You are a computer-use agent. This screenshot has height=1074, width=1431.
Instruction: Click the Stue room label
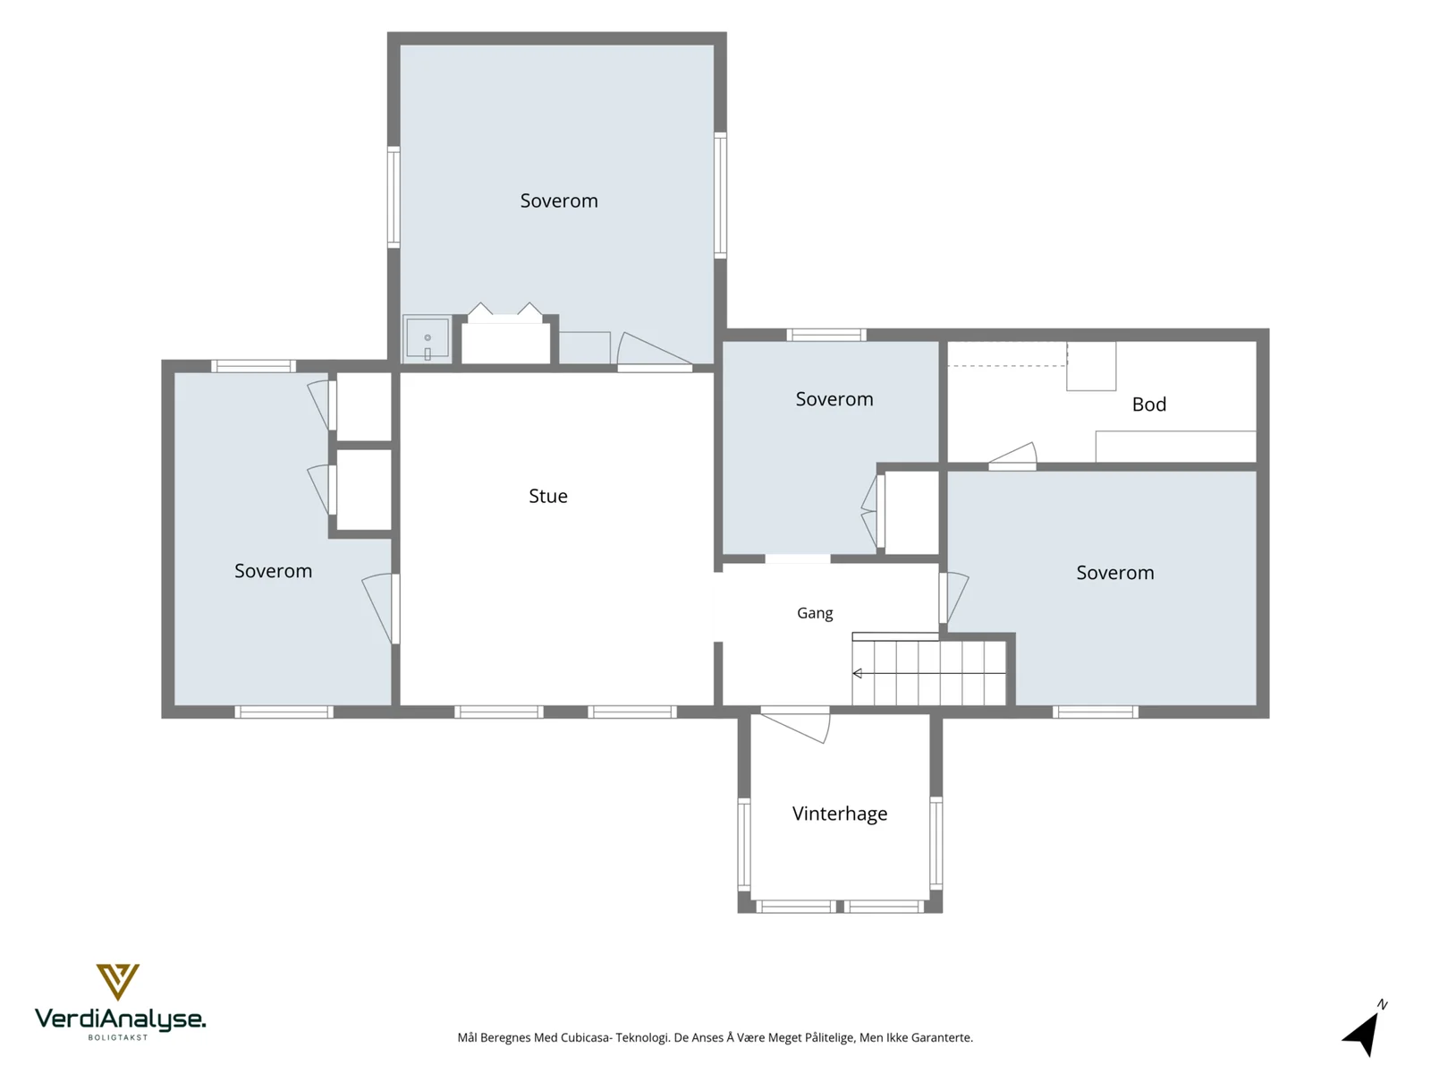(x=547, y=496)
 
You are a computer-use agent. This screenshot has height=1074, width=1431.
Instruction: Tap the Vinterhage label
(x=839, y=814)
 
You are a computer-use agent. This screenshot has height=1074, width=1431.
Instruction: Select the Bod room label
(x=1148, y=405)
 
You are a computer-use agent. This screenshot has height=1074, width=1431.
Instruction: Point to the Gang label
(x=814, y=613)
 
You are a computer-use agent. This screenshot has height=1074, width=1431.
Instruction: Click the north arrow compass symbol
(x=1364, y=1029)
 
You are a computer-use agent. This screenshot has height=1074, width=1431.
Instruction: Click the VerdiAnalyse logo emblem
(x=117, y=982)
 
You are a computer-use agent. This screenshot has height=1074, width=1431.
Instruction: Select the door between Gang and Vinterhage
(x=795, y=725)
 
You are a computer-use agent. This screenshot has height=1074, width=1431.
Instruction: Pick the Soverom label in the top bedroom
(x=559, y=200)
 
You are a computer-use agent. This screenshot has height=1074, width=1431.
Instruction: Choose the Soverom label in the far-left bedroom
(x=273, y=571)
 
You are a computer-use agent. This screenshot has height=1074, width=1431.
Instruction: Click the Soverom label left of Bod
(x=834, y=399)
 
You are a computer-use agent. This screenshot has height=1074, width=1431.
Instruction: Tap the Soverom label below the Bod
(x=1114, y=573)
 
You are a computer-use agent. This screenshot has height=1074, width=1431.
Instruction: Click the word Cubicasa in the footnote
(x=585, y=1037)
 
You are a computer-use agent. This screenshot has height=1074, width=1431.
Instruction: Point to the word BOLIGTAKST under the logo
(x=118, y=1037)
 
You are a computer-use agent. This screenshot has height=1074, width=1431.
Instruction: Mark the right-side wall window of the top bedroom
(x=720, y=195)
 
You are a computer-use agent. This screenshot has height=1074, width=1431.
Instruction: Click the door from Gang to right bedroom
(x=953, y=597)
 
